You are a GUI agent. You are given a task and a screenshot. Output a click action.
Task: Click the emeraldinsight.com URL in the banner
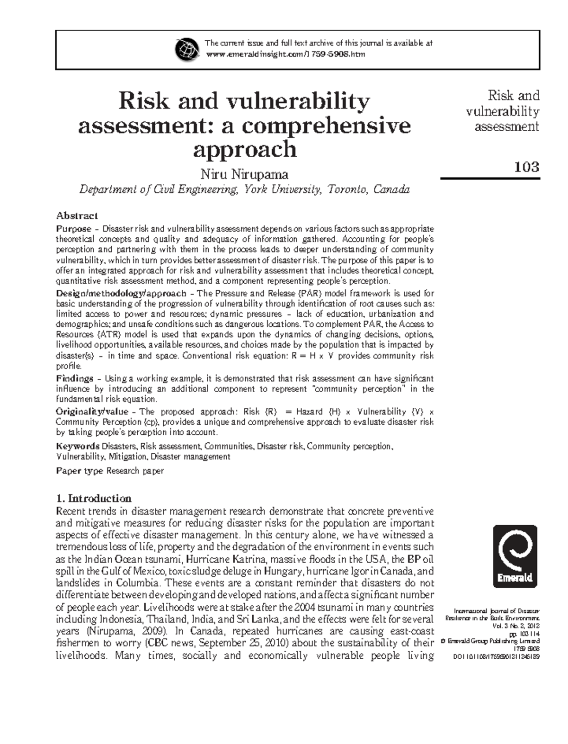click(x=285, y=54)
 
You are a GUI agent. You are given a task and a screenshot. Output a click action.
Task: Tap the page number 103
click(x=526, y=167)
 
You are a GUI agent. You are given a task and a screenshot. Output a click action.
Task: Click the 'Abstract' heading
click(x=77, y=216)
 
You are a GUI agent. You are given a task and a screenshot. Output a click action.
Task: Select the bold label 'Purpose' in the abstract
click(x=73, y=229)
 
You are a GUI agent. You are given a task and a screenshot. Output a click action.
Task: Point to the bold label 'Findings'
click(x=74, y=378)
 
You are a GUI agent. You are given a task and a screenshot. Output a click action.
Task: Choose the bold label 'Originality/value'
click(x=96, y=412)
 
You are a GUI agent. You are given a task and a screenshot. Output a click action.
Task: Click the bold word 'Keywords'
click(x=78, y=446)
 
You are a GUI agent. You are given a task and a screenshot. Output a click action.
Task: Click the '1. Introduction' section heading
click(x=94, y=498)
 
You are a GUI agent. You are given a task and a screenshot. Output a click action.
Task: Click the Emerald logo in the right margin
click(x=515, y=556)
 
